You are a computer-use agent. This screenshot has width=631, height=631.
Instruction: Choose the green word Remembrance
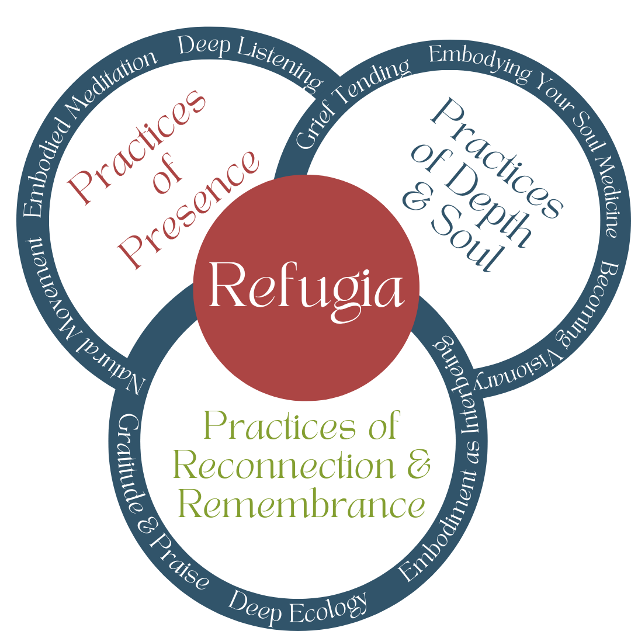[301, 505]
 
